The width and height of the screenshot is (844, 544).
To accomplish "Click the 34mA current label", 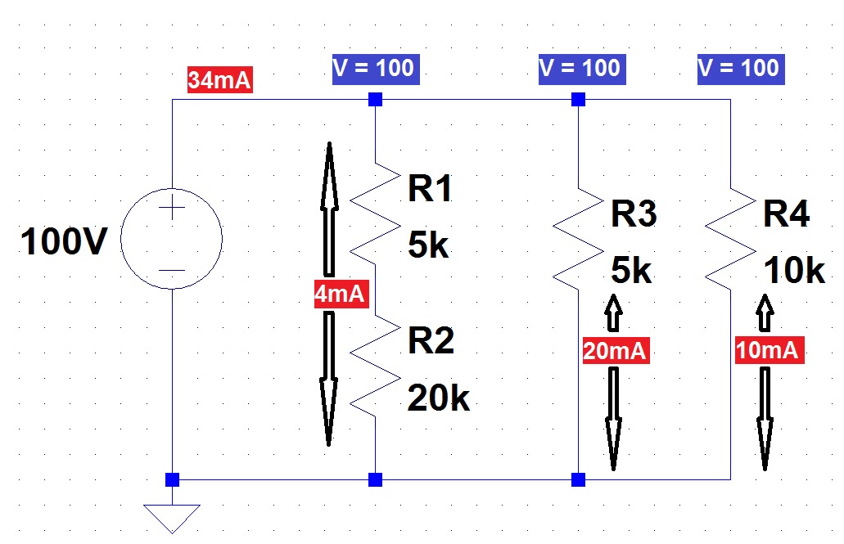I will tap(219, 81).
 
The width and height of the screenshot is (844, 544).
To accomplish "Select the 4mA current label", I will tap(339, 294).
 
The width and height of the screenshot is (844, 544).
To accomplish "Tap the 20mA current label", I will tap(616, 351).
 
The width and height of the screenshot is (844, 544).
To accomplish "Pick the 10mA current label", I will tap(767, 349).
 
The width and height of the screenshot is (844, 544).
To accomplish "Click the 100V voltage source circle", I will tap(171, 240).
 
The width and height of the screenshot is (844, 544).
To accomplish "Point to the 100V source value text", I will tap(64, 242).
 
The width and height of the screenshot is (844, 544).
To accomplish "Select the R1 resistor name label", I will tap(431, 190).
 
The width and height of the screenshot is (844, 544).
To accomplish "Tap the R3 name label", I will tap(634, 215).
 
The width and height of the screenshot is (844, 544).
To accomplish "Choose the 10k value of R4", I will tap(793, 270).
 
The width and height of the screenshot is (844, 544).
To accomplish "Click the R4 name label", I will tap(786, 215).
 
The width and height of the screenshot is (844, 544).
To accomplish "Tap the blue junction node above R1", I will tap(375, 100).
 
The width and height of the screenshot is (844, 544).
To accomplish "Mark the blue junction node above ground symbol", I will tap(172, 479).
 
